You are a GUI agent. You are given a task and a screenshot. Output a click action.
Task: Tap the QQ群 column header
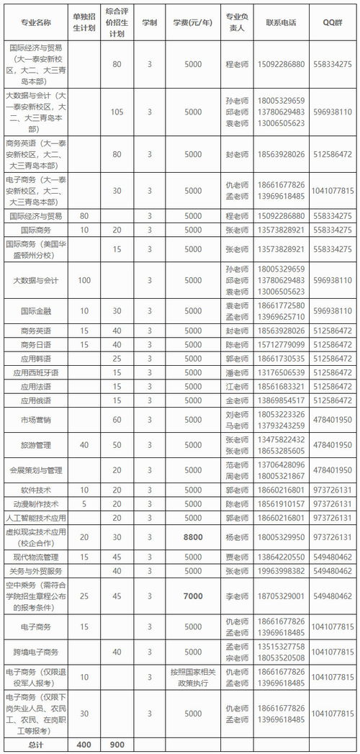333,22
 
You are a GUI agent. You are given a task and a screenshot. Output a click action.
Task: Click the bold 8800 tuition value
193,537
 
